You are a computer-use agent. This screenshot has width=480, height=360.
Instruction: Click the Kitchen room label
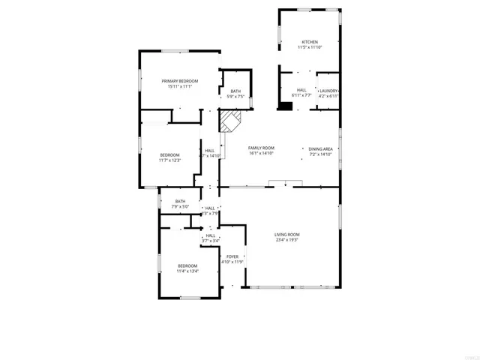click(x=309, y=42)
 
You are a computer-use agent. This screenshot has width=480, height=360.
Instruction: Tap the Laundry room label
click(x=328, y=90)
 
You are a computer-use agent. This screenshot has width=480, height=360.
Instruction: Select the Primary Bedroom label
click(x=180, y=81)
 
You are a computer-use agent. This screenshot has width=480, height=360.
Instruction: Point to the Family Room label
click(x=262, y=148)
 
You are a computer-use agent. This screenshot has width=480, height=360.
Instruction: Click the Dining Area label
click(x=321, y=148)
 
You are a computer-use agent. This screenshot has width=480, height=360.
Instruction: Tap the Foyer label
click(x=232, y=256)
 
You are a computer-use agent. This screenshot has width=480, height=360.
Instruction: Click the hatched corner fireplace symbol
click(x=229, y=121)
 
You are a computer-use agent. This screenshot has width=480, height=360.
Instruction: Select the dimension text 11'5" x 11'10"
click(x=309, y=48)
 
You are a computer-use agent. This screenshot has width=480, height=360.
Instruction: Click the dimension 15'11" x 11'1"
click(x=180, y=87)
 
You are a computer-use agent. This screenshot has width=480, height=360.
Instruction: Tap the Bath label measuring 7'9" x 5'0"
click(x=181, y=201)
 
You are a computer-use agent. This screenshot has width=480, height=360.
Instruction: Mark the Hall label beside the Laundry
click(x=301, y=90)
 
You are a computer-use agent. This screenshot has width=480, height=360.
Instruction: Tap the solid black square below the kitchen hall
click(x=285, y=106)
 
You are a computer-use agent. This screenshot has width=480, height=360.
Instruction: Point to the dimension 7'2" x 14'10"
click(x=321, y=154)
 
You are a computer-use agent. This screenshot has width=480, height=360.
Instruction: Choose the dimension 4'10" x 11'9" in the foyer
click(x=232, y=262)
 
